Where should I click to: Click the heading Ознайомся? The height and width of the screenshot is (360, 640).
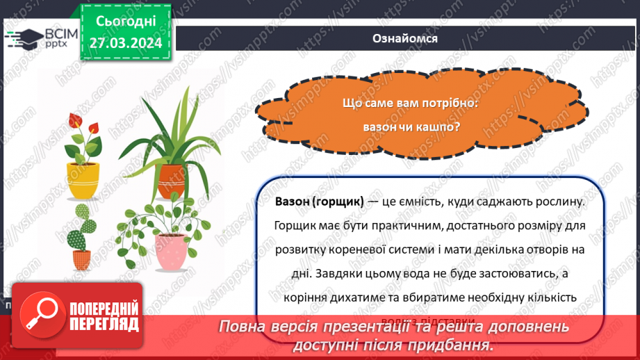[x=405, y=38]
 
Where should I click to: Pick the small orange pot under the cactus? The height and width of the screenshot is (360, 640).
[x=82, y=259]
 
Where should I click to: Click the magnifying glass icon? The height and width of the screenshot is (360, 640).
[x=40, y=314]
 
